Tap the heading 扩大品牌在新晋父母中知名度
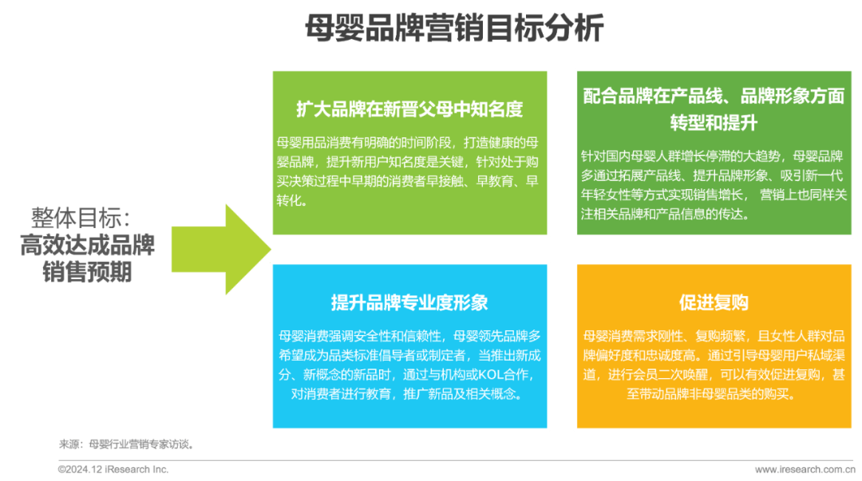coord(409,108)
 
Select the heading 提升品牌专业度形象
coord(409,302)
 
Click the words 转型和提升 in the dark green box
coord(714,124)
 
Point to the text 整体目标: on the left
coord(81,217)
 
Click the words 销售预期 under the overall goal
coord(88,272)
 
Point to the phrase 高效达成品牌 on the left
coord(88,244)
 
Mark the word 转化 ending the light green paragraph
coord(292,200)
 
